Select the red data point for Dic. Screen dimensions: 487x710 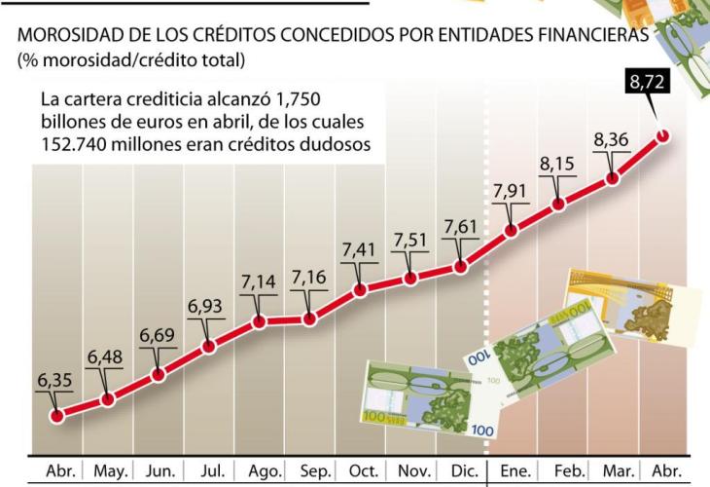click(x=460, y=266)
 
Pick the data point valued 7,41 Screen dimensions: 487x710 click(x=360, y=289)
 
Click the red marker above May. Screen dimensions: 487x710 click(x=108, y=398)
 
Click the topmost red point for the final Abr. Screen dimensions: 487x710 click(x=664, y=135)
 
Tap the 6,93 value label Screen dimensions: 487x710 click(x=206, y=306)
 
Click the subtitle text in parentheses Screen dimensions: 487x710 click(x=130, y=60)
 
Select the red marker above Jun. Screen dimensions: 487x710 click(x=159, y=373)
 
